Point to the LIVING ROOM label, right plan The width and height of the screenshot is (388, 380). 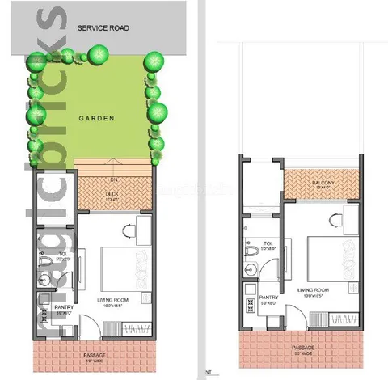pyautogui.click(x=313, y=289)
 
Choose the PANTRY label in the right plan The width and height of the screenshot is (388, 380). pyautogui.click(x=269, y=298)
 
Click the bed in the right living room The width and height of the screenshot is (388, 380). pyautogui.click(x=326, y=255)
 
